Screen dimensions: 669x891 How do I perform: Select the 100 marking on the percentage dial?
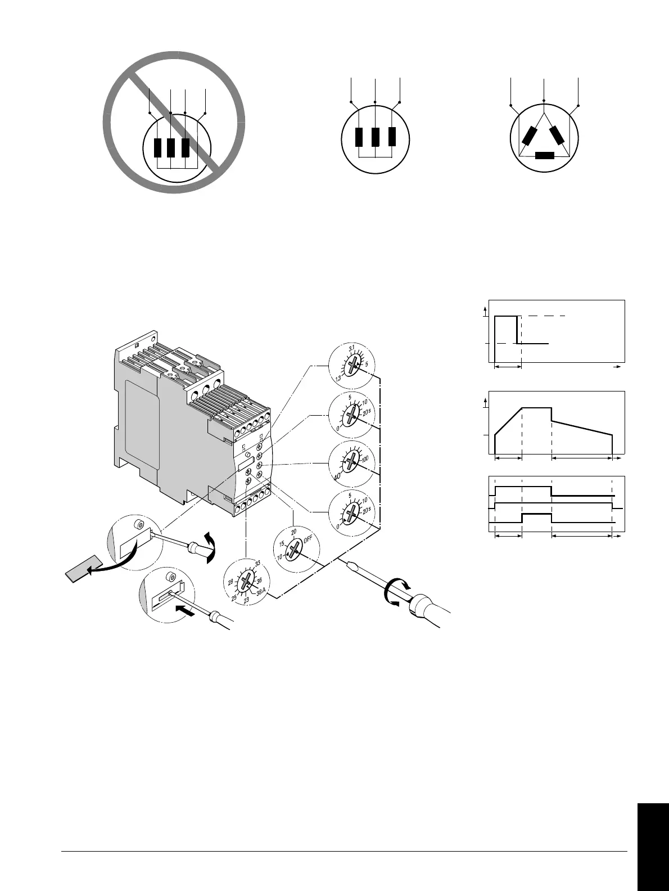[x=365, y=460]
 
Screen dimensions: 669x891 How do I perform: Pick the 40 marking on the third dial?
[x=337, y=476]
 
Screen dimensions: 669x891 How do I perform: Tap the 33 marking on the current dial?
[x=257, y=563]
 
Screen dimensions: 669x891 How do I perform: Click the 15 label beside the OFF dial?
[x=283, y=544]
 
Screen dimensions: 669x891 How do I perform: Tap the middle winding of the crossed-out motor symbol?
[x=171, y=147]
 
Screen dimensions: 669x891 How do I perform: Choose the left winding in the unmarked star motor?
[x=359, y=137]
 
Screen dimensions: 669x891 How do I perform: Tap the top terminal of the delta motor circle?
[x=544, y=101]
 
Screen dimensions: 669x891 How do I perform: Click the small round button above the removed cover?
[x=138, y=525]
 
